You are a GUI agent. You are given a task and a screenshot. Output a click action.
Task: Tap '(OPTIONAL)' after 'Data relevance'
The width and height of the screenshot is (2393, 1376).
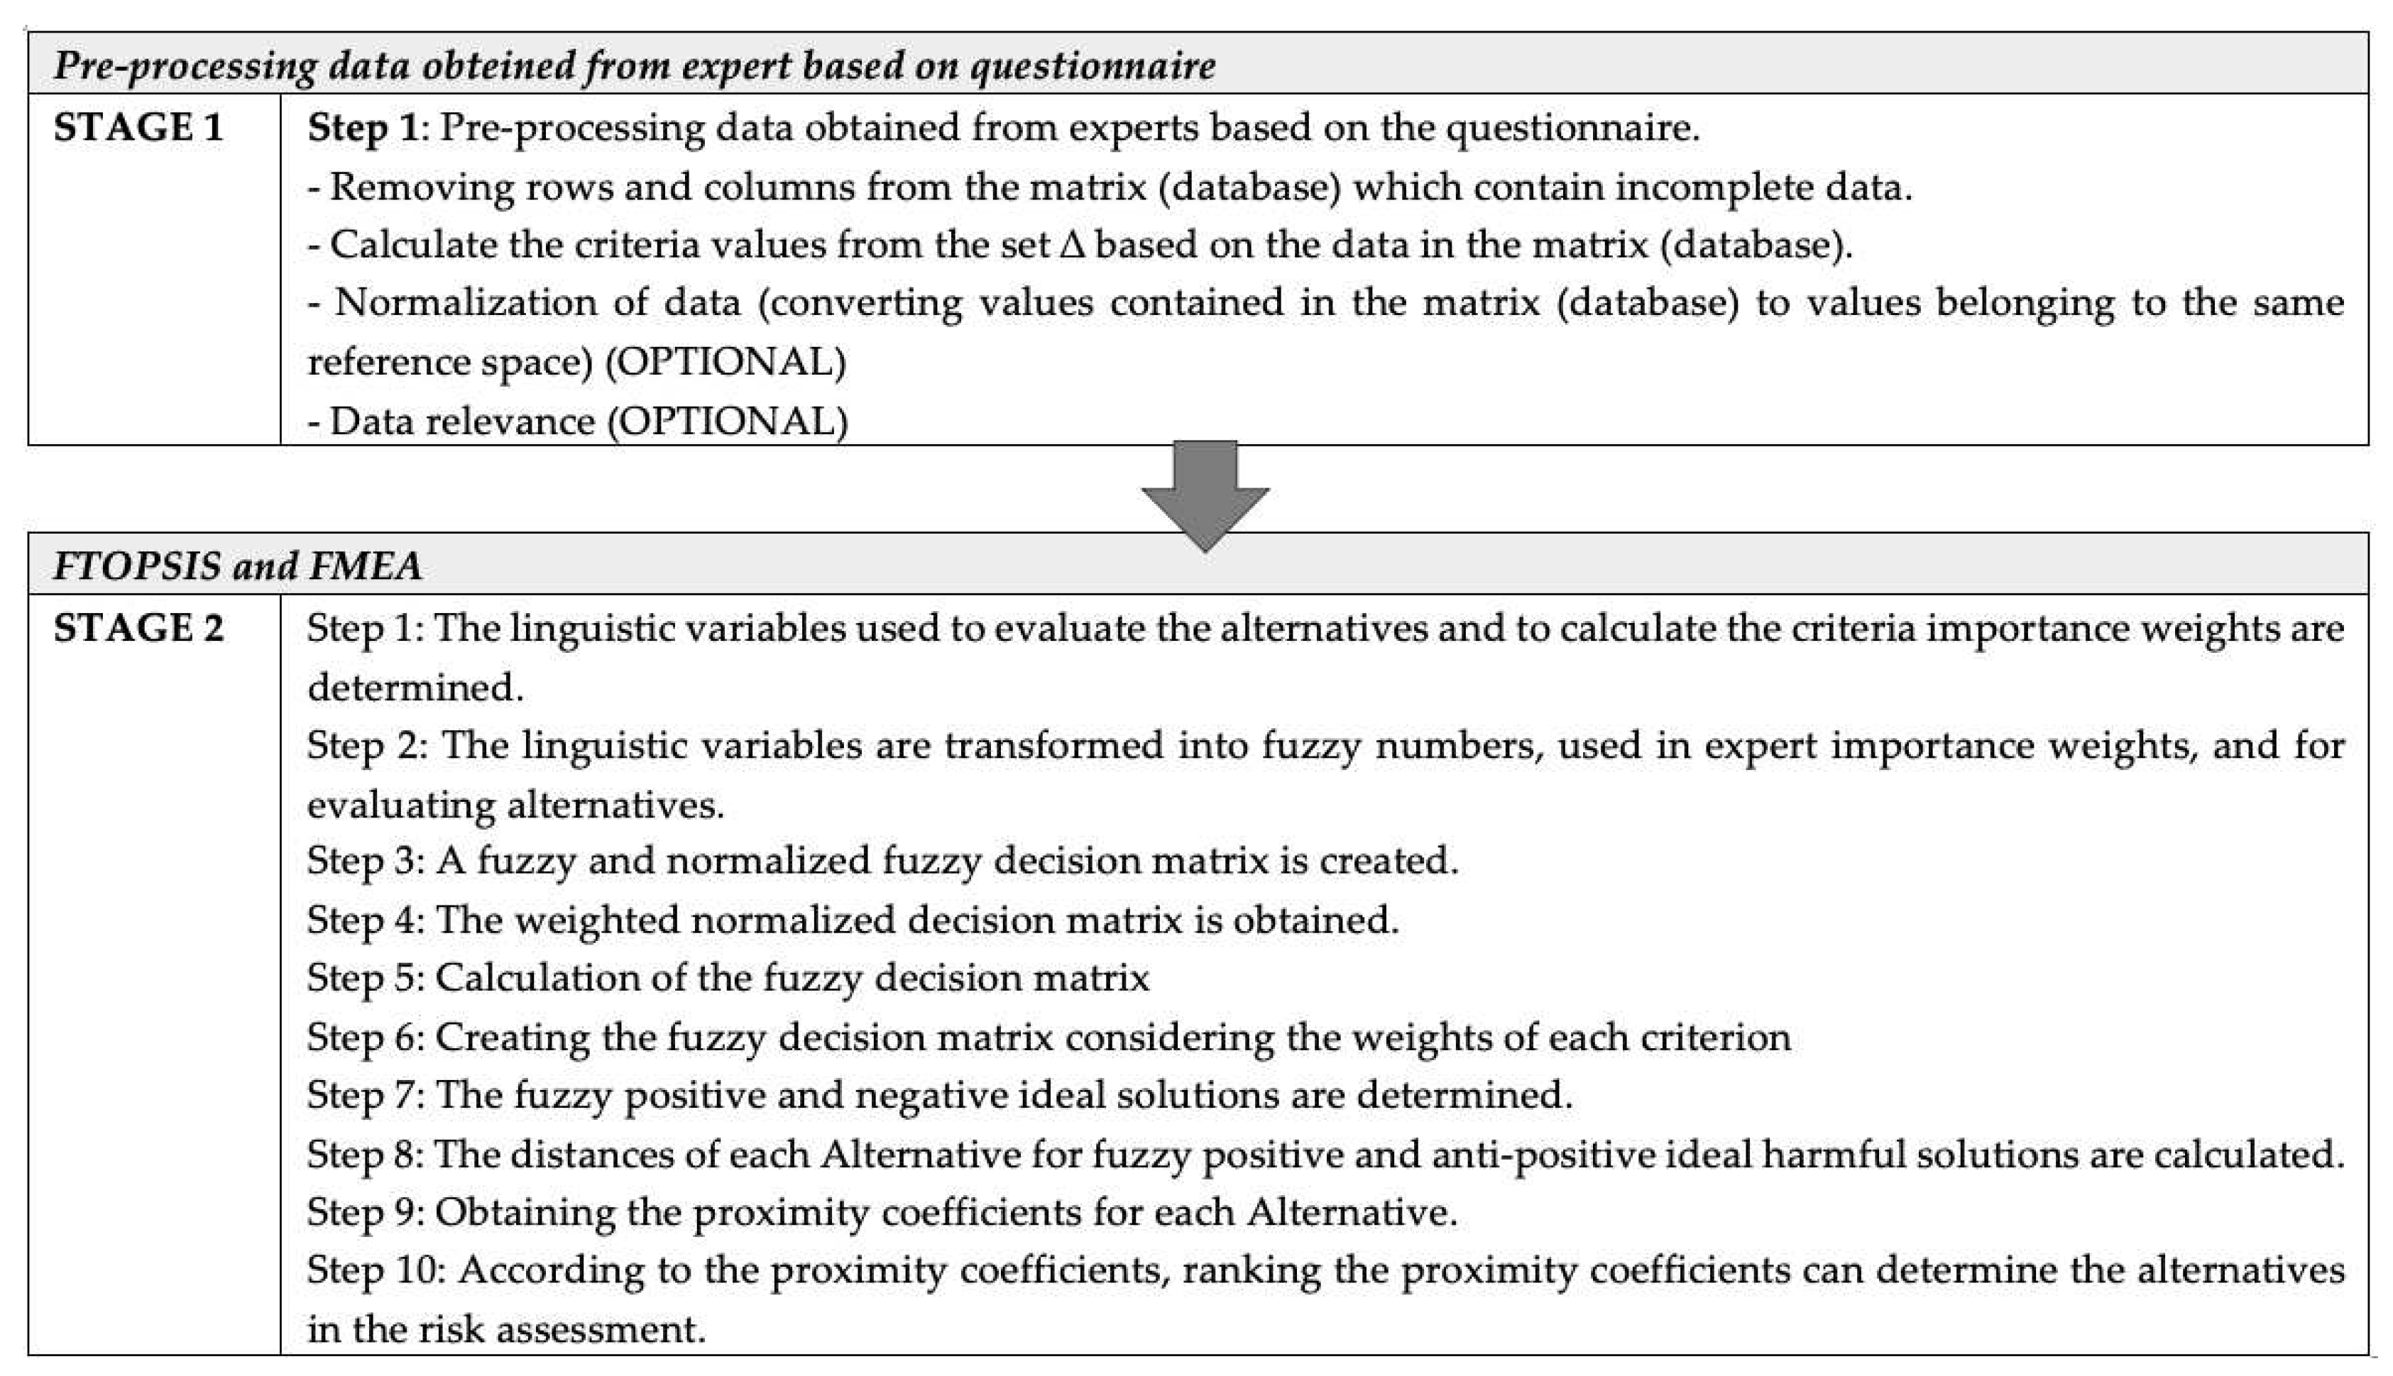pos(727,422)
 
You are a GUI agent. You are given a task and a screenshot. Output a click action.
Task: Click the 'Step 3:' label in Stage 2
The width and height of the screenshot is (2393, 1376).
pos(366,861)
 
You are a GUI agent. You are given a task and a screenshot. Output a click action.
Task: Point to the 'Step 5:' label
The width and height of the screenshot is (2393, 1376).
pos(366,978)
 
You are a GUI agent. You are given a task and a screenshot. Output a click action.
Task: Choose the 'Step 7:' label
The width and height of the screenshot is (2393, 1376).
pos(366,1095)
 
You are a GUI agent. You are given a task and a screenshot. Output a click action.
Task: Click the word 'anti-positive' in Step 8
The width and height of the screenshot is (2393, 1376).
pos(1541,1155)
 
